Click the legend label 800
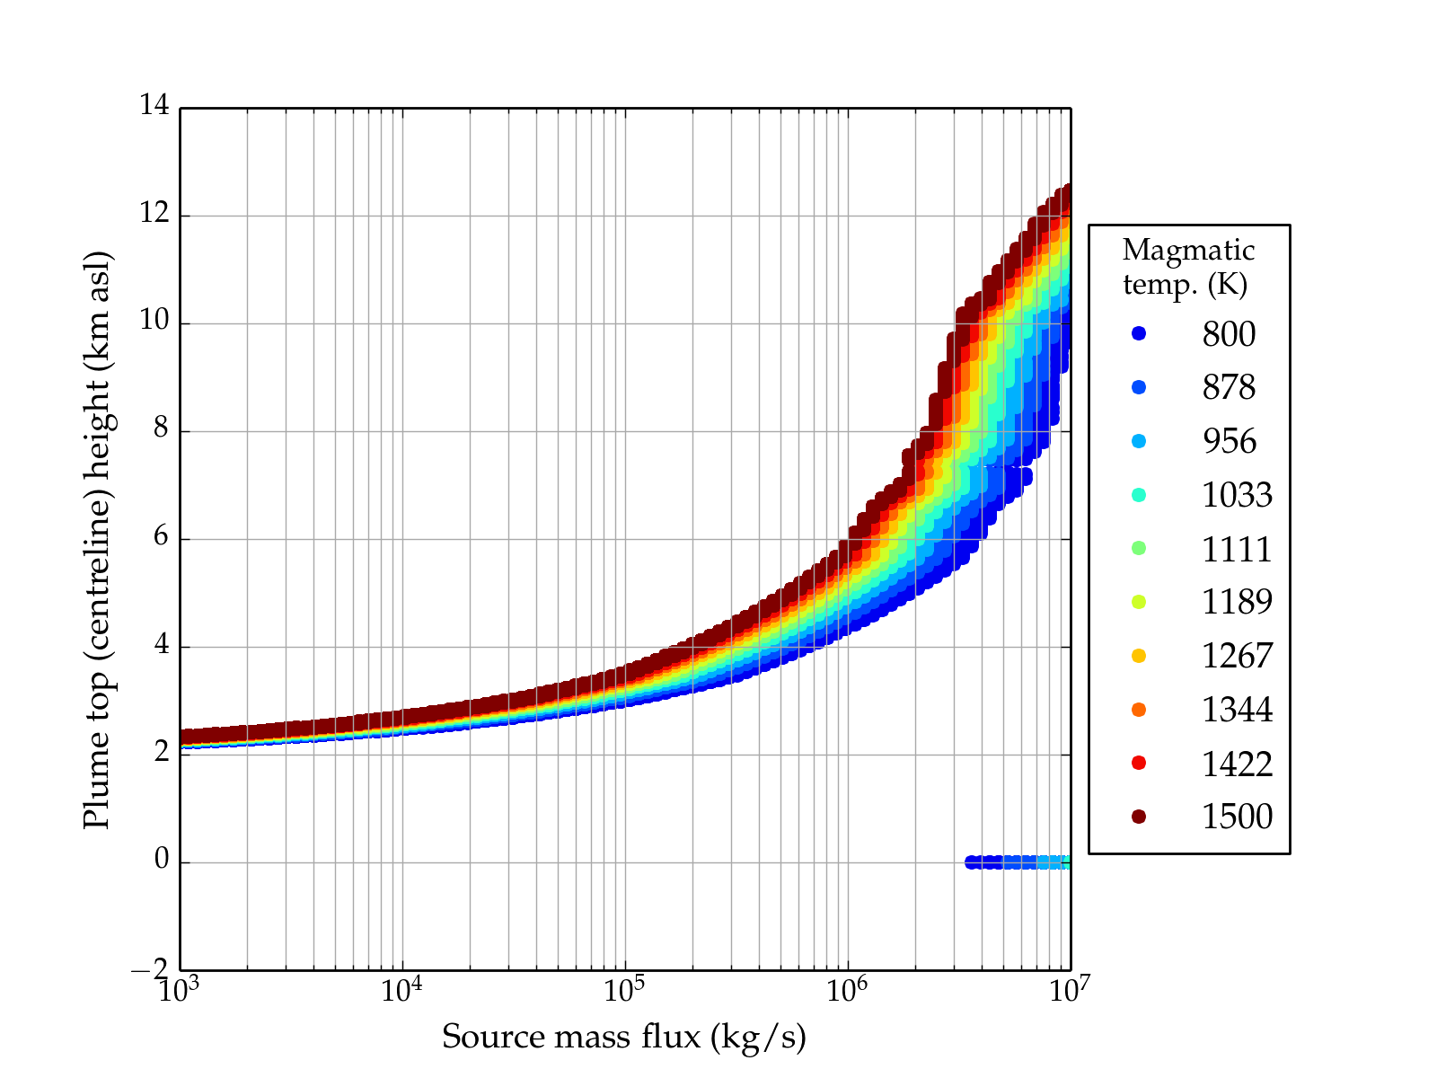point(1229,334)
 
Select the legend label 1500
point(1237,817)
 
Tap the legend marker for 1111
point(1139,548)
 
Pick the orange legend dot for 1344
point(1139,710)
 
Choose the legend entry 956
point(1229,441)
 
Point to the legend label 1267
point(1237,656)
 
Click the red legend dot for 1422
point(1139,763)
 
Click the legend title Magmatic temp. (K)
point(1188,267)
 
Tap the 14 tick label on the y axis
point(154,106)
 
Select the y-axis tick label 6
point(161,537)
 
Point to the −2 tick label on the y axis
point(149,968)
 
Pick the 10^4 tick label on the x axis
point(402,990)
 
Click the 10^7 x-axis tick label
point(1069,990)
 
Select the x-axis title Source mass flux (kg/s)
point(624,1038)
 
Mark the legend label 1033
point(1237,495)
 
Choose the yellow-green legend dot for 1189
point(1139,602)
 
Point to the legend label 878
point(1229,388)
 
